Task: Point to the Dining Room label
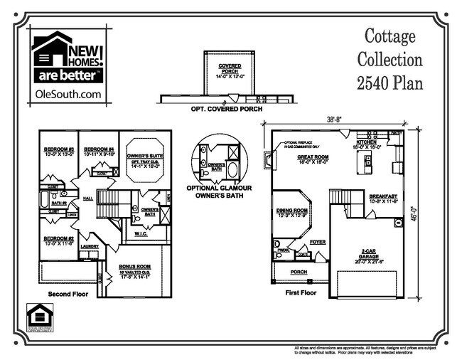pyautogui.click(x=292, y=211)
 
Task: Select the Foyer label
pyautogui.click(x=317, y=241)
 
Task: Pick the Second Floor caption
pyautogui.click(x=68, y=294)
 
